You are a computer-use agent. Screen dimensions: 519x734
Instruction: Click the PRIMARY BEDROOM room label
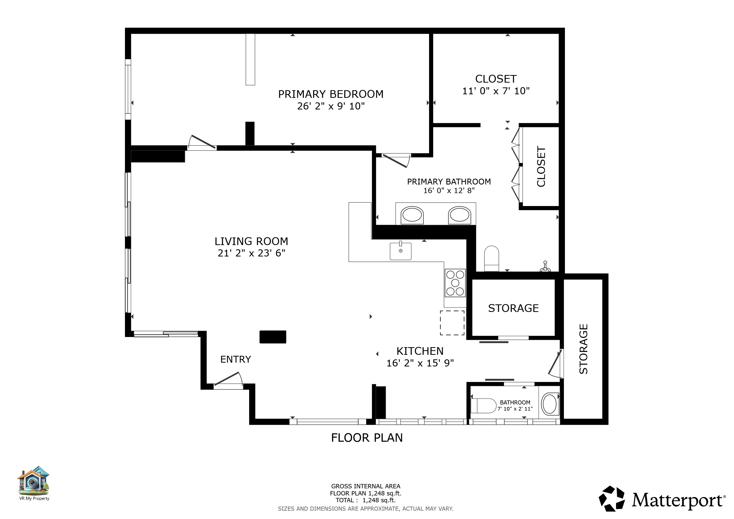click(331, 94)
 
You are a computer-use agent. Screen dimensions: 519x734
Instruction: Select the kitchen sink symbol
click(400, 251)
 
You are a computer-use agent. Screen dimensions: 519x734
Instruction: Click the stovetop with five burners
click(455, 283)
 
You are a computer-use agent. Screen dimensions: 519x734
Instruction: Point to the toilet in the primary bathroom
click(491, 258)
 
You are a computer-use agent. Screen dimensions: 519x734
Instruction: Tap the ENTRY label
click(236, 359)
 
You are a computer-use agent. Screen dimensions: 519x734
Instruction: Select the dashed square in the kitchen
click(452, 323)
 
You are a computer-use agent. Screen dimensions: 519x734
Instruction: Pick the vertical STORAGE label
click(583, 349)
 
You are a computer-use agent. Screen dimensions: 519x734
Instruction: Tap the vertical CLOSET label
click(541, 166)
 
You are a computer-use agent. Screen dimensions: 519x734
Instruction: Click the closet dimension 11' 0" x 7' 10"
click(496, 91)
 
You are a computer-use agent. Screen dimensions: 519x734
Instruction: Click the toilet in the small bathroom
click(483, 405)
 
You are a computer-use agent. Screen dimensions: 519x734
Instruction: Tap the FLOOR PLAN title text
click(367, 437)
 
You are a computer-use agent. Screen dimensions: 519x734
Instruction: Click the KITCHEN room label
click(420, 351)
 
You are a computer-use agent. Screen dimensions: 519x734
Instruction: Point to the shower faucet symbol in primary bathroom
click(545, 266)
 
